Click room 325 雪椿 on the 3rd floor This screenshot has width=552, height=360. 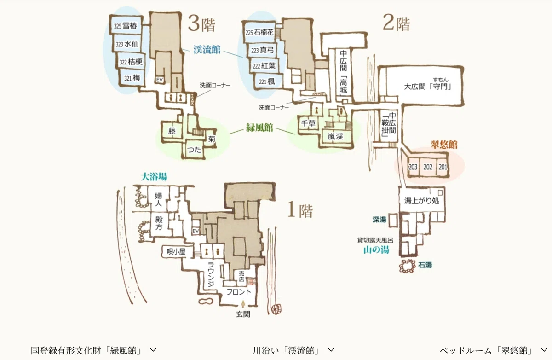tap(126, 25)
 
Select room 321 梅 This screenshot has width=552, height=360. tap(132, 78)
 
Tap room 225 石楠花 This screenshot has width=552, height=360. tap(259, 32)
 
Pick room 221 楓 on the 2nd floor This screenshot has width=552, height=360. tap(267, 81)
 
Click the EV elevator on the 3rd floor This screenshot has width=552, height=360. tap(160, 80)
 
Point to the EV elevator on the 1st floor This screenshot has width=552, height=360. tap(195, 231)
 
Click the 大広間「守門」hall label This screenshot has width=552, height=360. tap(428, 87)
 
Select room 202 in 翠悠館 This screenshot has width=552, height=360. tap(428, 167)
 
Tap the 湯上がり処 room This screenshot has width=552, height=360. tap(422, 201)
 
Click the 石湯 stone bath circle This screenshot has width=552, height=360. tap(408, 266)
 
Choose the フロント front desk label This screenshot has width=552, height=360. tap(239, 292)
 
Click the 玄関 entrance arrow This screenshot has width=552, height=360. tap(243, 304)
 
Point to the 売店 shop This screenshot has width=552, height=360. tap(241, 276)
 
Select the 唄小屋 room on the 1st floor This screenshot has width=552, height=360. tap(176, 252)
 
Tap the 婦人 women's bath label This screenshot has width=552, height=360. tap(158, 200)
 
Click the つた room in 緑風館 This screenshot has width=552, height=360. tap(194, 150)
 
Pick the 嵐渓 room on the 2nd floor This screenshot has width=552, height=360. tap(335, 136)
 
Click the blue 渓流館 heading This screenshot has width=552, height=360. tap(207, 50)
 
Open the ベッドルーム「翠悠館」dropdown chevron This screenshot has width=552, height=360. tap(544, 350)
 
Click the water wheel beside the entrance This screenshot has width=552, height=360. tap(276, 309)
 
